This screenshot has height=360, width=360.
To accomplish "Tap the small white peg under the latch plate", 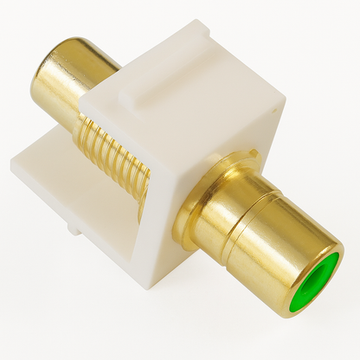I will (x=76, y=230).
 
